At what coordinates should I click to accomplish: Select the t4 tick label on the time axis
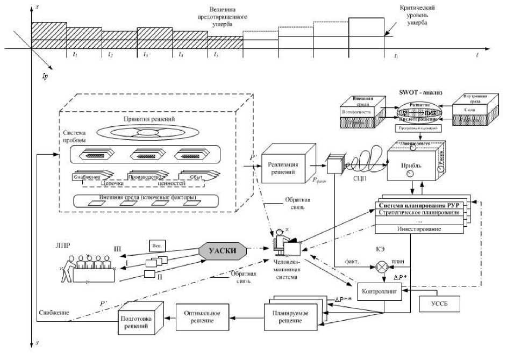[x=181, y=55]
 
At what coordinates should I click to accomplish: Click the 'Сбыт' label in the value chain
[x=196, y=176]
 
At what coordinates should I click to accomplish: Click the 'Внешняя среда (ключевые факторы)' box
[x=147, y=200]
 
